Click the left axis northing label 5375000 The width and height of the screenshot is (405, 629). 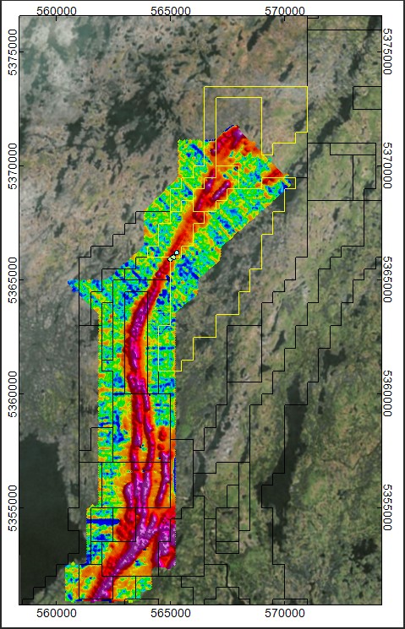pyautogui.click(x=11, y=52)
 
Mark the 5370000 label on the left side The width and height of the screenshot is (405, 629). pyautogui.click(x=11, y=166)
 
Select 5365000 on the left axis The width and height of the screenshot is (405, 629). pyautogui.click(x=11, y=280)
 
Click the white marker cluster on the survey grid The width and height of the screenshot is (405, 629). pyautogui.click(x=175, y=253)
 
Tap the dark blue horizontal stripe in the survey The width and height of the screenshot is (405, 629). pyautogui.click(x=106, y=523)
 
